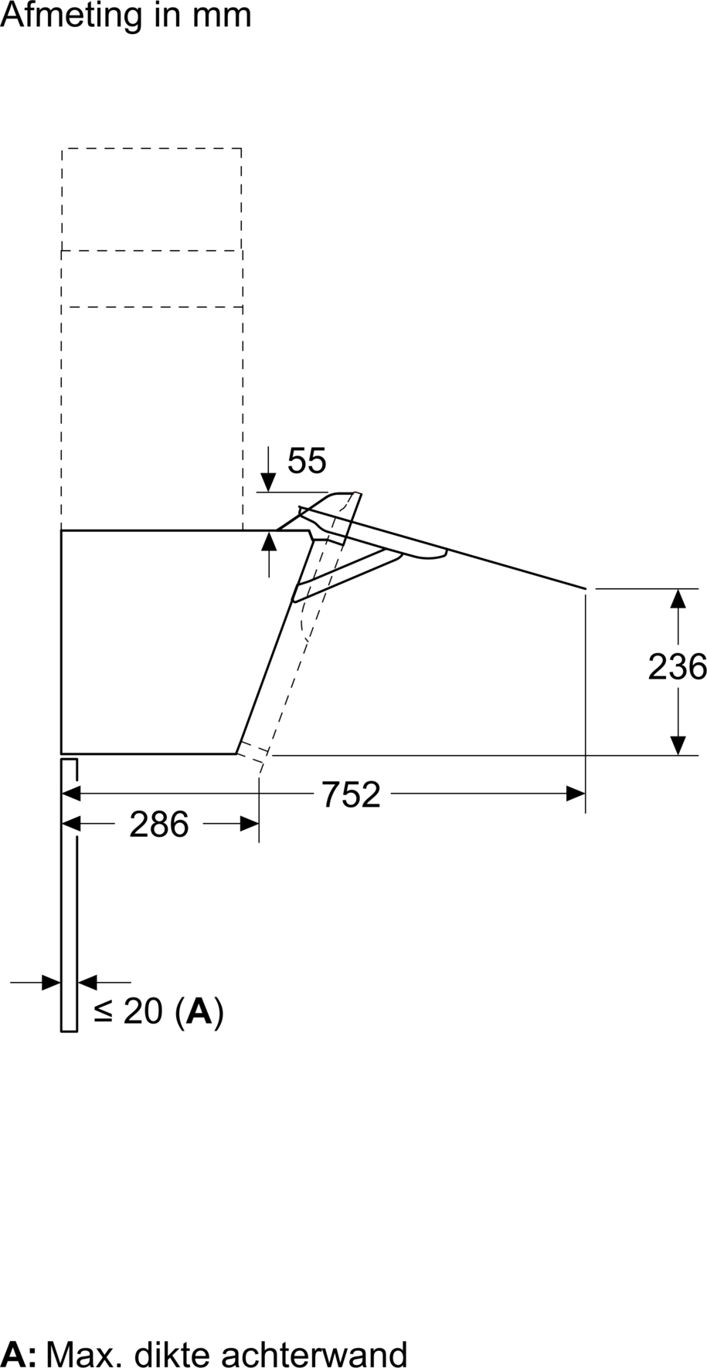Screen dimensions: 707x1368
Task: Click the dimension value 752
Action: pos(352,794)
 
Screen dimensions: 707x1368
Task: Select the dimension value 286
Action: pos(159,825)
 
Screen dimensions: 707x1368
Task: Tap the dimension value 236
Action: pos(677,667)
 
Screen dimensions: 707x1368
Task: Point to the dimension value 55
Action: pos(307,461)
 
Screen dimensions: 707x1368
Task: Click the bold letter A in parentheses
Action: pos(199,1011)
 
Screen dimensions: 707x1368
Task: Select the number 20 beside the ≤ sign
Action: pos(143,1011)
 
